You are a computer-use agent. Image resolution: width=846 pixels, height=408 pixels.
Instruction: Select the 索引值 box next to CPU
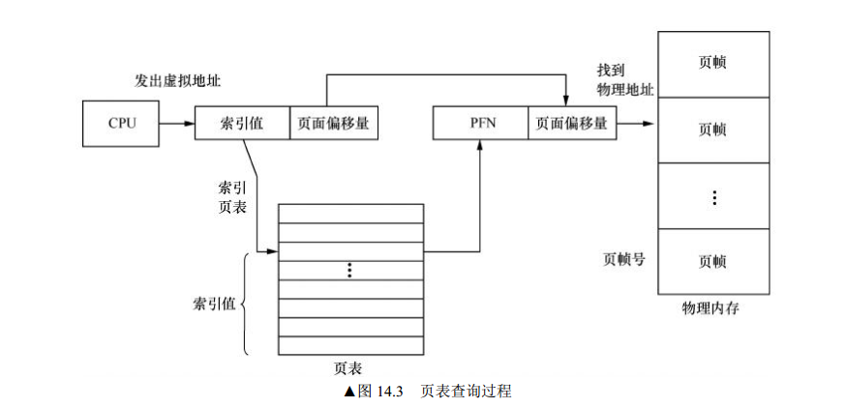[242, 124]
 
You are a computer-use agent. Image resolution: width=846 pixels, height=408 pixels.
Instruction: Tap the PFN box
[480, 124]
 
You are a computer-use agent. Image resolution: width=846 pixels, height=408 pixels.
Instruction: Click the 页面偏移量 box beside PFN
[571, 124]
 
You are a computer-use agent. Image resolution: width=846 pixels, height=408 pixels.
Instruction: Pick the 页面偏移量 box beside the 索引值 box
[333, 124]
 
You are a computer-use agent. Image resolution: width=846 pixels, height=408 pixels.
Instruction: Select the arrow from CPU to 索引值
[176, 124]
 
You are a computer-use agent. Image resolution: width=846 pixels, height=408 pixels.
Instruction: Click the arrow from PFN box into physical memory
[636, 124]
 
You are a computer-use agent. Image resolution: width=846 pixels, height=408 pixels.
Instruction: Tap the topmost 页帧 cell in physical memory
[712, 63]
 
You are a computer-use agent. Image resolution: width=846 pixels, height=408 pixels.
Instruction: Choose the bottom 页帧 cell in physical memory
[712, 261]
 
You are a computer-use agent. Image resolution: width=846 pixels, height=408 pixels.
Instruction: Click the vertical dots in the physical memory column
[713, 197]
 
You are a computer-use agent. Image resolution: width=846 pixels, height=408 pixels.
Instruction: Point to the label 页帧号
[623, 259]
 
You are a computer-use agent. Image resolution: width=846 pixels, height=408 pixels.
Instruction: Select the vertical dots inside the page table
[350, 271]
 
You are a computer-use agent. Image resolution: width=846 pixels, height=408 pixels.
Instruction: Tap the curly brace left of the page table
[244, 304]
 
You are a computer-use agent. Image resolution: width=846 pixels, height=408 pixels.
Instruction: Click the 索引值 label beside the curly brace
[213, 304]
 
